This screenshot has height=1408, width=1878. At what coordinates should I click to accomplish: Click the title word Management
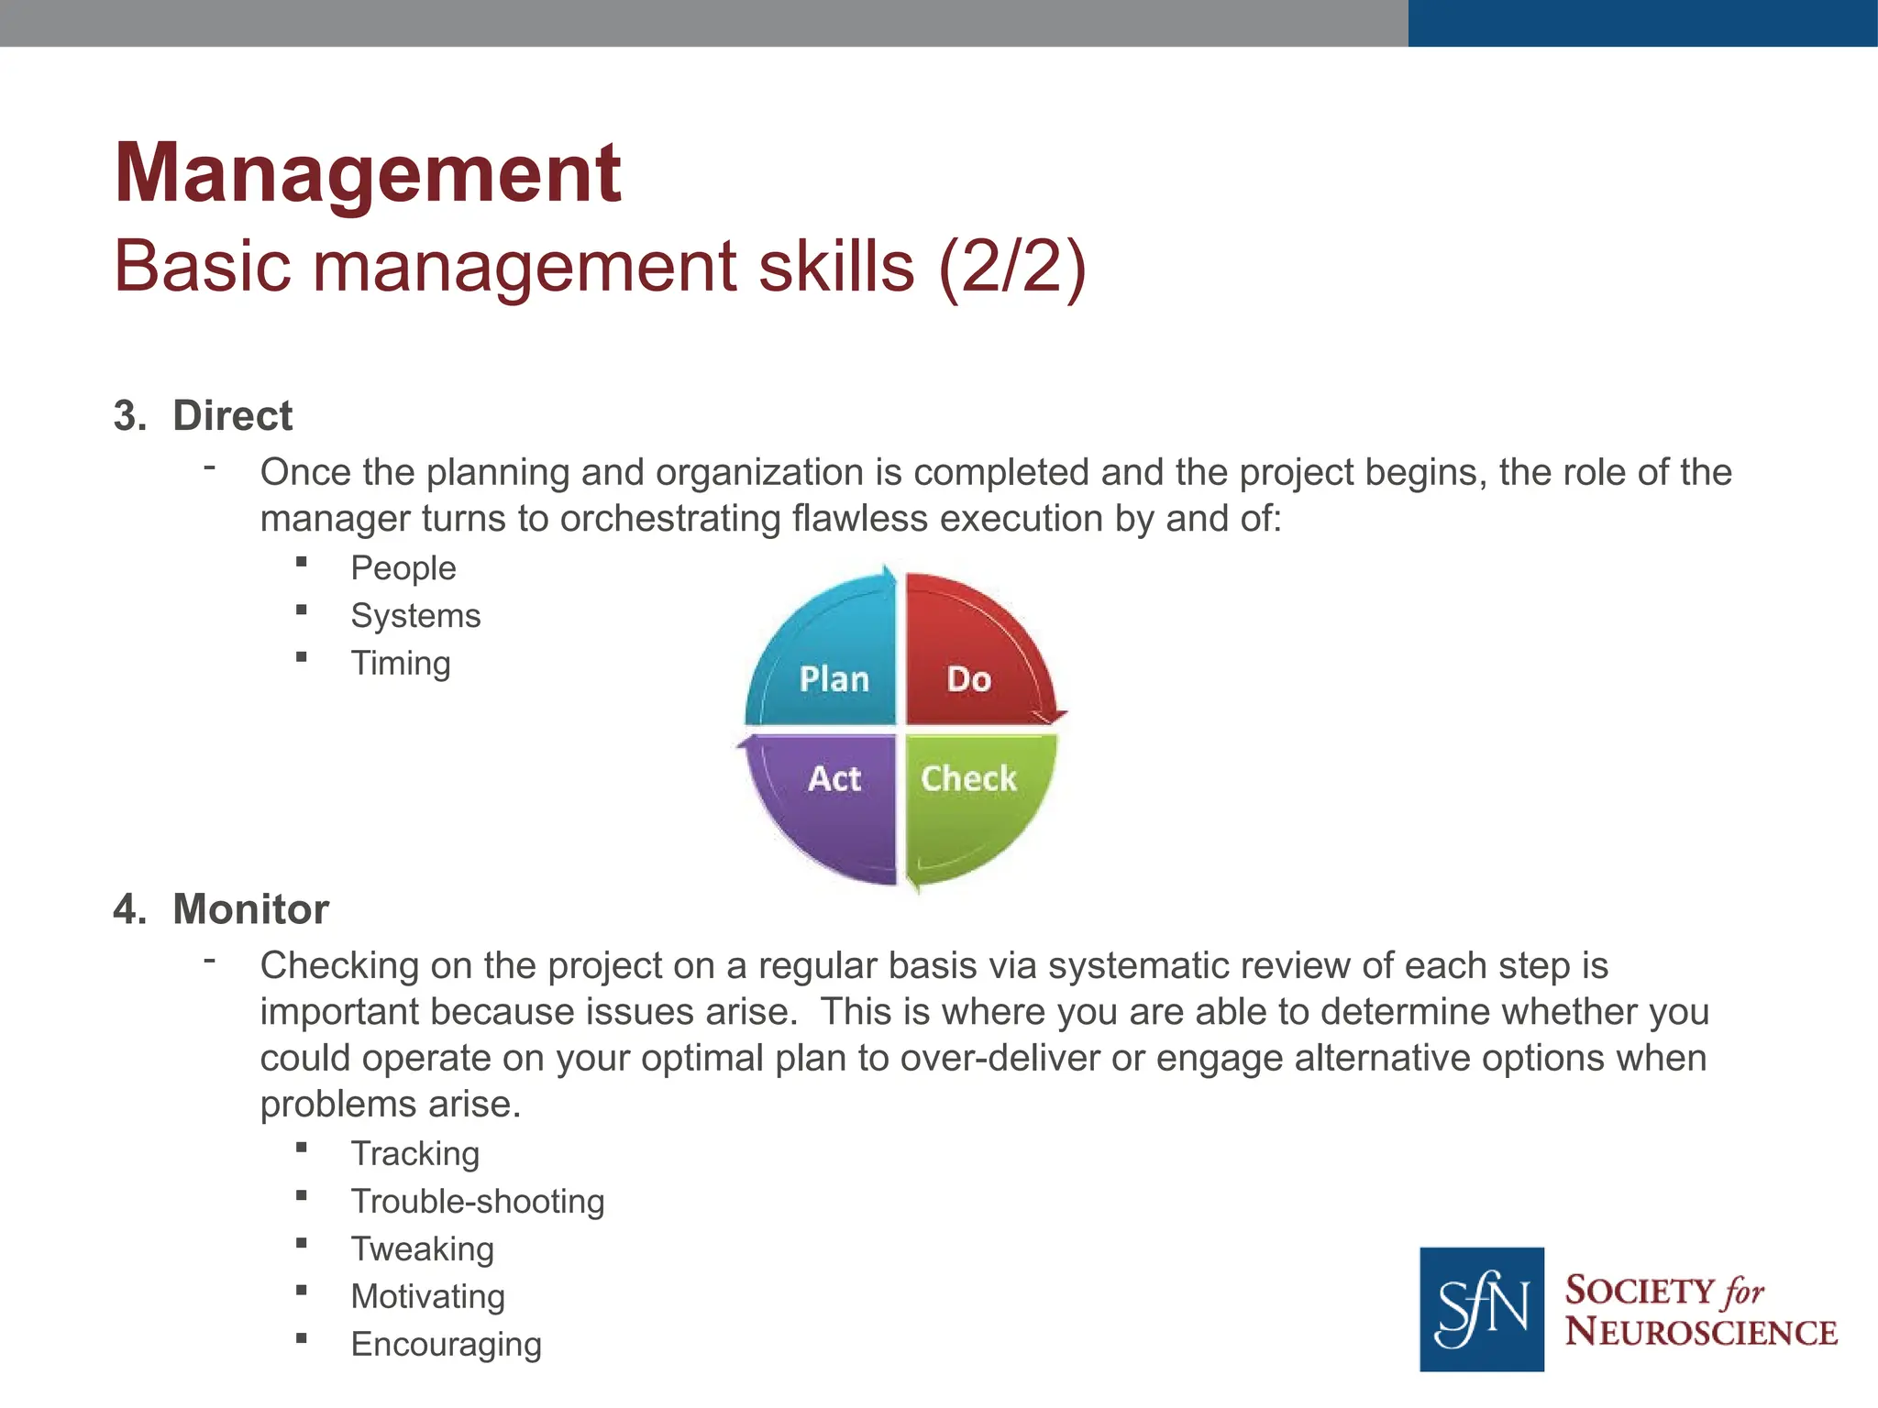367,174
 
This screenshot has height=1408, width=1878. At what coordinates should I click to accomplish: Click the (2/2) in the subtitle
1011,267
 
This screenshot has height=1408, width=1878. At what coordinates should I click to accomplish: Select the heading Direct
232,416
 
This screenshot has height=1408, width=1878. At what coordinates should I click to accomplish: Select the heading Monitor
250,909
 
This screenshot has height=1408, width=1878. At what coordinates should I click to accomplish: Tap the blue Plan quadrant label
834,679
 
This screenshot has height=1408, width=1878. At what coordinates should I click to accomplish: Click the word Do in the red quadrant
968,679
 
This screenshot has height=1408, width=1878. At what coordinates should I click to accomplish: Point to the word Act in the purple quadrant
834,779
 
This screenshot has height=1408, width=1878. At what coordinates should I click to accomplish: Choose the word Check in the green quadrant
968,779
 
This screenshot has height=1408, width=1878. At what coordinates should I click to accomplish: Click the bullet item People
403,568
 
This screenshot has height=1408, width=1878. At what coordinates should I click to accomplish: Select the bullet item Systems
415,616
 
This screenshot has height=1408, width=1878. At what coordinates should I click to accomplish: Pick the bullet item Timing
401,664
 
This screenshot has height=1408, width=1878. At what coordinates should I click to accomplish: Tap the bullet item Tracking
415,1154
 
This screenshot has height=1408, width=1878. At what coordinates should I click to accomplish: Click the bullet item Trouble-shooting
478,1202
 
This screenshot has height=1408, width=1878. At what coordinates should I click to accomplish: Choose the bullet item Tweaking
423,1249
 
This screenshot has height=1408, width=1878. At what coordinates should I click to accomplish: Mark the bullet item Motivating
428,1297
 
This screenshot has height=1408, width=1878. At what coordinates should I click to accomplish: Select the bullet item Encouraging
447,1345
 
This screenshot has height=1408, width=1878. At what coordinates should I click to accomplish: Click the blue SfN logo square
1481,1308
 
